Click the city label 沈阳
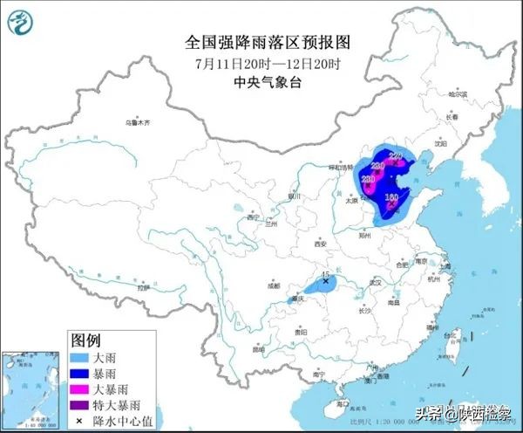point(439,142)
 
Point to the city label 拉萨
point(144,285)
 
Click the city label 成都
point(274,285)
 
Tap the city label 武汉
point(376,282)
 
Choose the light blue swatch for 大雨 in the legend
point(81,356)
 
